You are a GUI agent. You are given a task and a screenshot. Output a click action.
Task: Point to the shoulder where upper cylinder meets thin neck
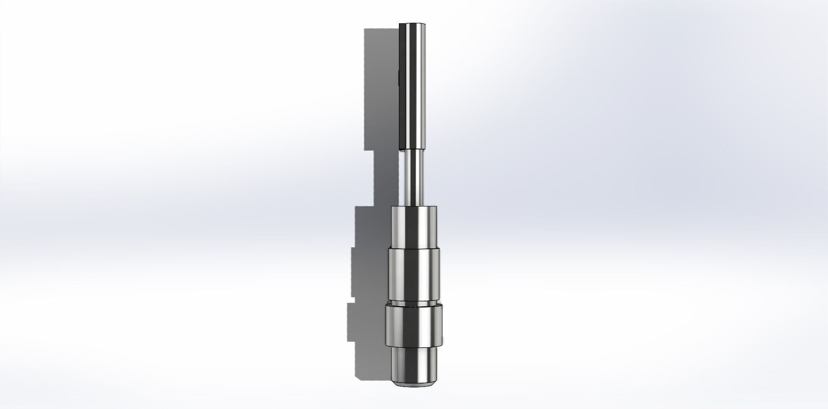(x=413, y=149)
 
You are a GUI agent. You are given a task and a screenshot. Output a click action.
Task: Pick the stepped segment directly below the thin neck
(x=414, y=227)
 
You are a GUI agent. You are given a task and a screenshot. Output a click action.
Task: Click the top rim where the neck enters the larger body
(x=414, y=207)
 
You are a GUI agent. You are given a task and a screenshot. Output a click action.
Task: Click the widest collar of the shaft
(x=414, y=326)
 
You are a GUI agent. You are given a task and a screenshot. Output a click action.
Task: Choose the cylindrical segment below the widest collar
(x=414, y=363)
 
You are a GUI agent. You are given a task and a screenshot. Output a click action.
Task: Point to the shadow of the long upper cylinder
(x=382, y=86)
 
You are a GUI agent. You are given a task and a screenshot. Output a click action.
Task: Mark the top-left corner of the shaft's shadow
(x=365, y=30)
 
